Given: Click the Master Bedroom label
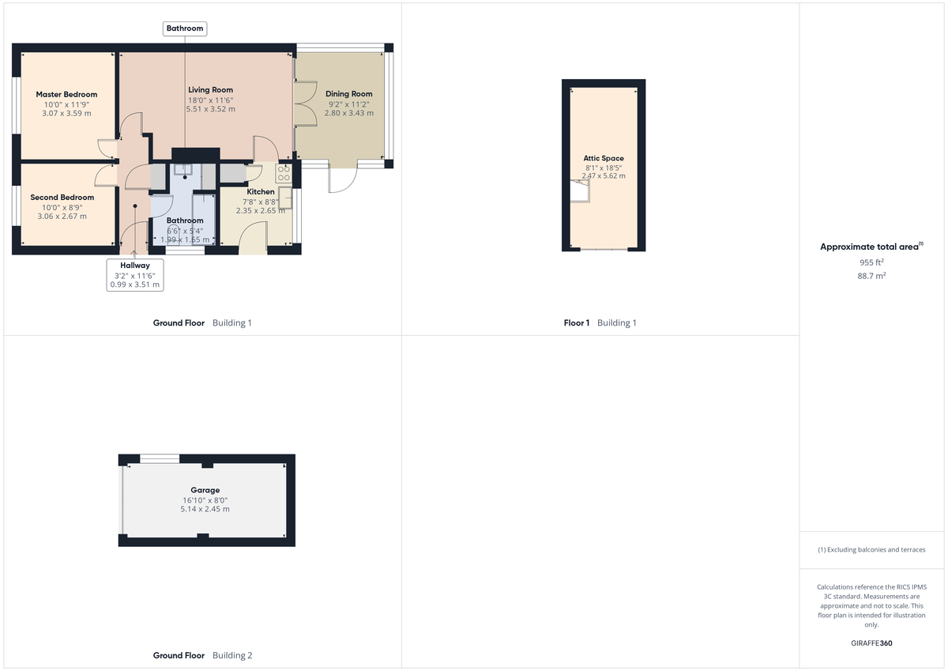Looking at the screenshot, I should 66,95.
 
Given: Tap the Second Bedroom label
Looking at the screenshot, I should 62,198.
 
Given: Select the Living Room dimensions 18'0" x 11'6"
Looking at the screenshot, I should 210,100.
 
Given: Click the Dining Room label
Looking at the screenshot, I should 349,94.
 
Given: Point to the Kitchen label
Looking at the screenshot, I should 261,192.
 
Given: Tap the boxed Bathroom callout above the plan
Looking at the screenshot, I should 185,28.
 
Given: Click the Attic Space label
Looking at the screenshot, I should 604,158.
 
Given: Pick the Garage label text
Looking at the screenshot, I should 205,490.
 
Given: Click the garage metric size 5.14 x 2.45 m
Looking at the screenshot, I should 205,509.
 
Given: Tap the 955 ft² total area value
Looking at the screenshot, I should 871,262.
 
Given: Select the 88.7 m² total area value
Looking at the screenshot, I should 871,276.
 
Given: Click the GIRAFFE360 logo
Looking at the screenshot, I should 871,643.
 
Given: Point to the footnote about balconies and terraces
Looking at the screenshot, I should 871,549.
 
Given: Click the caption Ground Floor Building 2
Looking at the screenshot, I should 202,655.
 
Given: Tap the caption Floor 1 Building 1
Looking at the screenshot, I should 600,322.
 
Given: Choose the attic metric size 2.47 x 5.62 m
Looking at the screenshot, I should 604,175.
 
